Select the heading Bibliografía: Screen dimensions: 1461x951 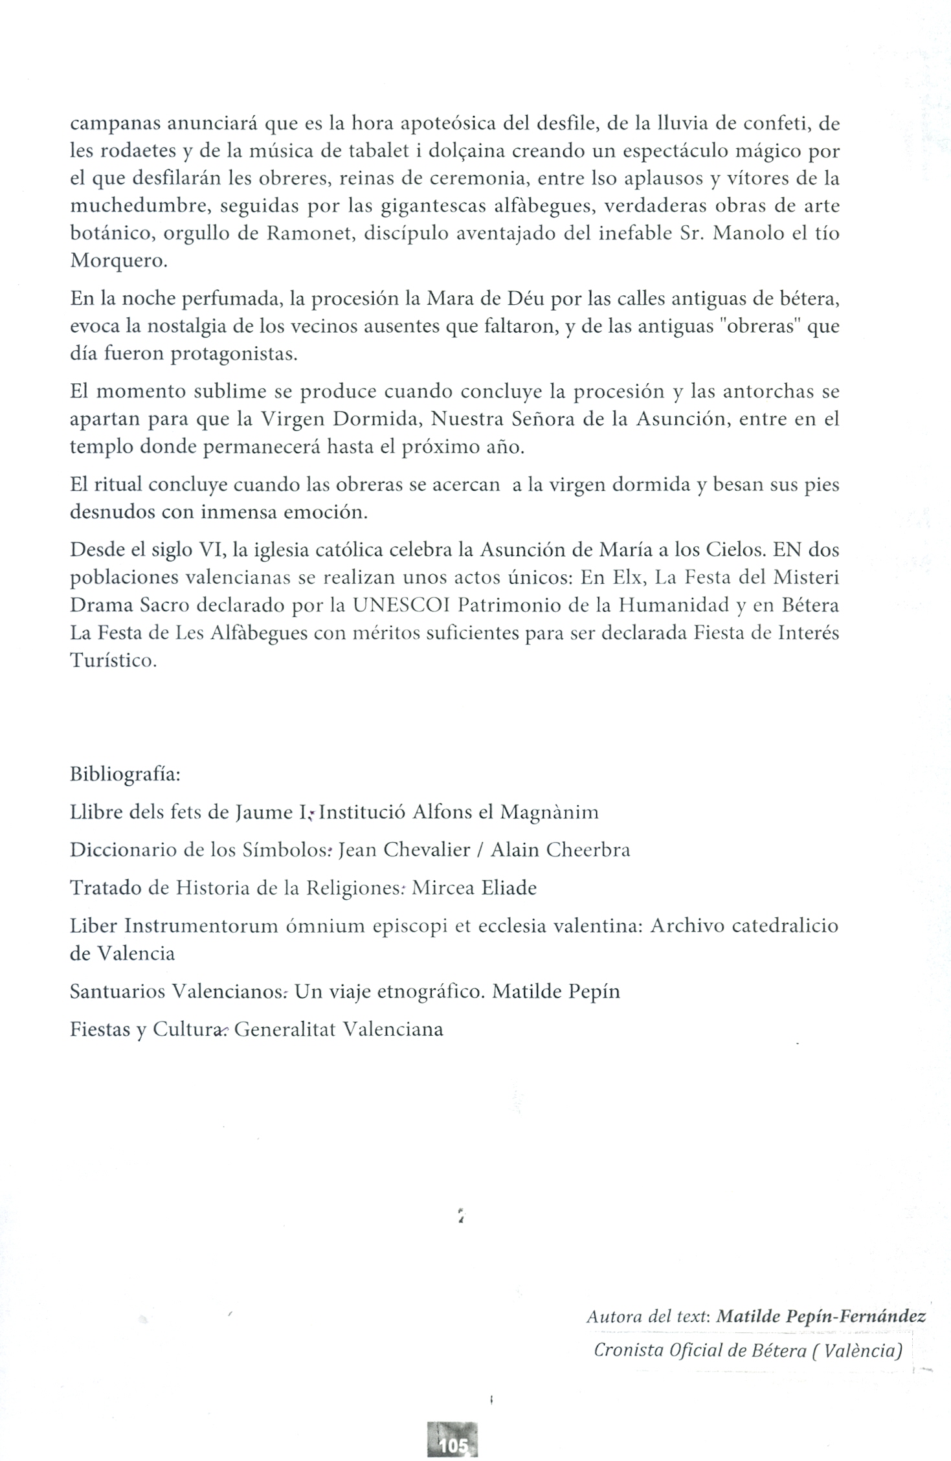125,775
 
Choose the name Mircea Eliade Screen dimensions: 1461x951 474,887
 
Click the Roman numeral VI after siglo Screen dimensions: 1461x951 212,550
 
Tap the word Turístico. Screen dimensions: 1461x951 113,661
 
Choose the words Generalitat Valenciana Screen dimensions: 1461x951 339,1029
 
